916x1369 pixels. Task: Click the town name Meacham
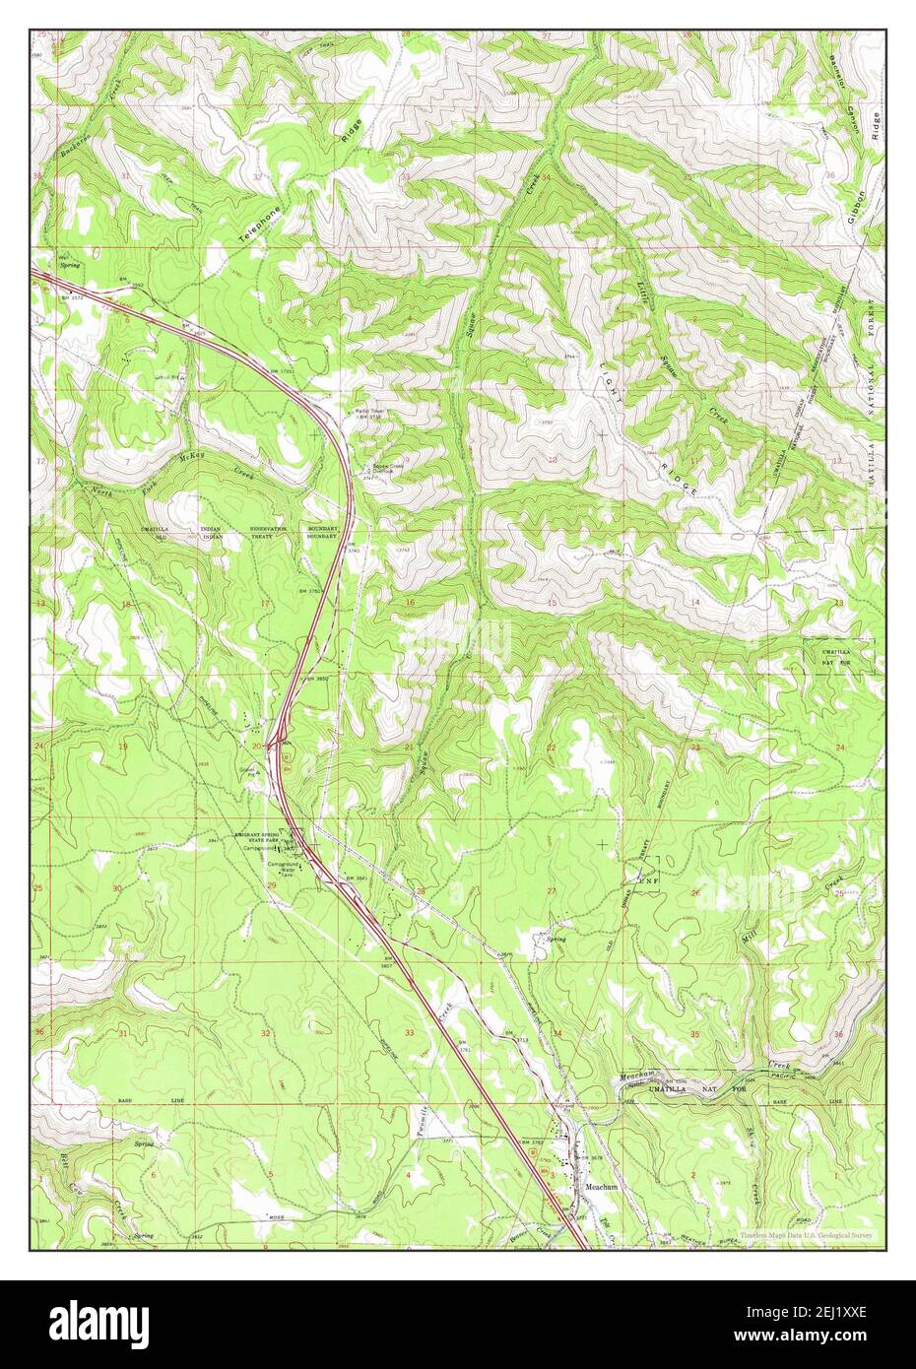[x=601, y=1187]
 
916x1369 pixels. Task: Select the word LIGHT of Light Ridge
[x=608, y=376]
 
